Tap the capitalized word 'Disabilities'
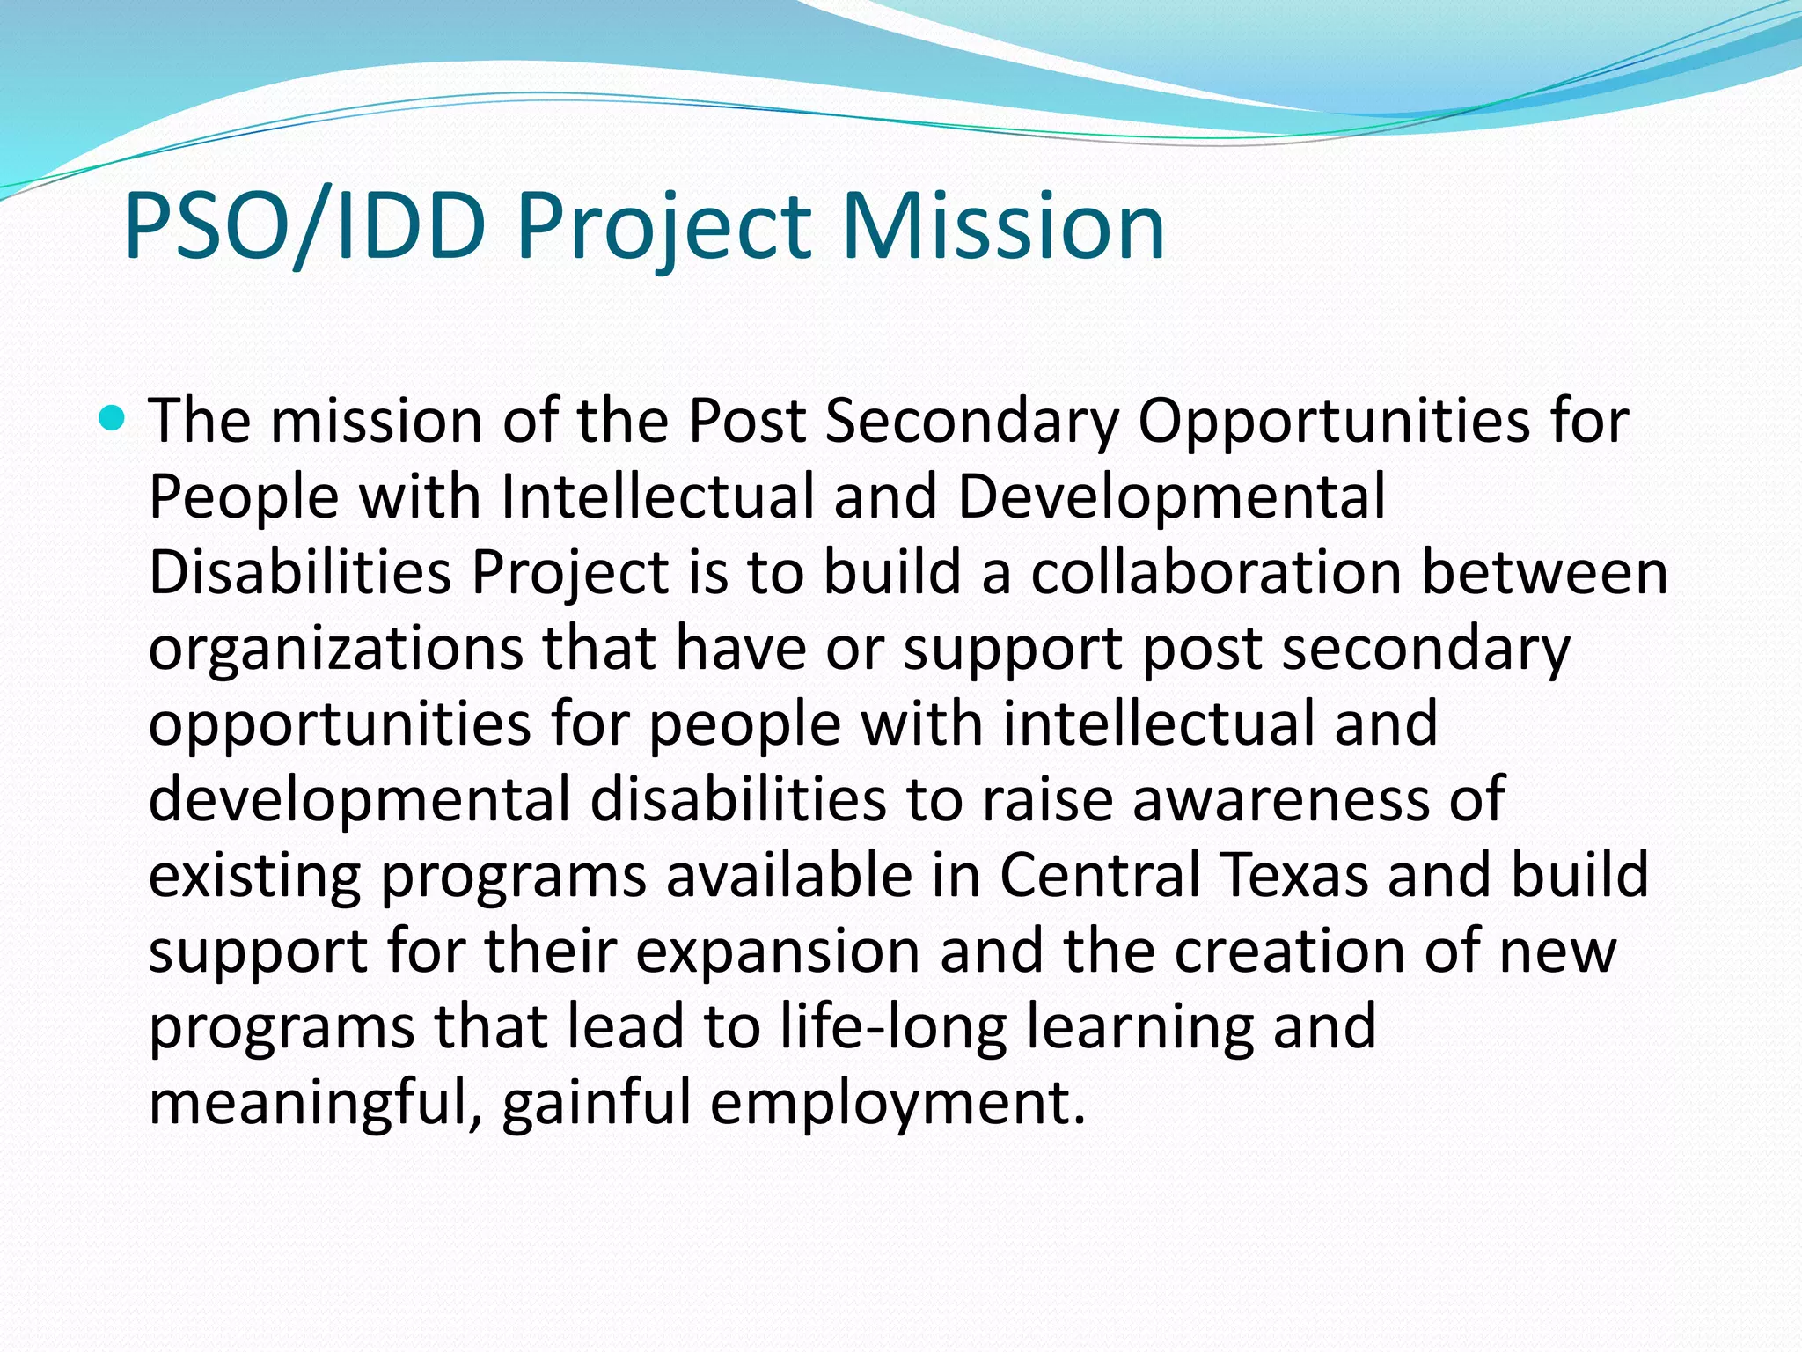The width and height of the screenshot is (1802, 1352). pos(299,572)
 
